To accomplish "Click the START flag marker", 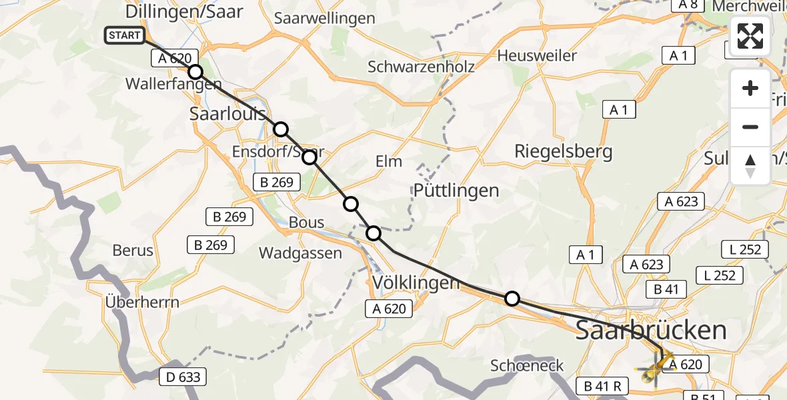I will click(x=125, y=35).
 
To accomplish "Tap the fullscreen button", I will click(x=750, y=36).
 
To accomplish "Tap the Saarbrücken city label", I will click(x=650, y=330).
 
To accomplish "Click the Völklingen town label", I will click(x=416, y=283).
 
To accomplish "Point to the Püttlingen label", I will click(x=456, y=191).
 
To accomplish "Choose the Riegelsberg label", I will click(x=563, y=151).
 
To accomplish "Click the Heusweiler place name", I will click(x=537, y=55).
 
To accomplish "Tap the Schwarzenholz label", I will click(x=422, y=67).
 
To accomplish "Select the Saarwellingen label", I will click(x=325, y=18).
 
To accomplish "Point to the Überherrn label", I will click(x=142, y=302).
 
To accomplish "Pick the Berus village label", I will click(x=133, y=251).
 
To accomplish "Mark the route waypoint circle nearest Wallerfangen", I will click(x=195, y=72).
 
